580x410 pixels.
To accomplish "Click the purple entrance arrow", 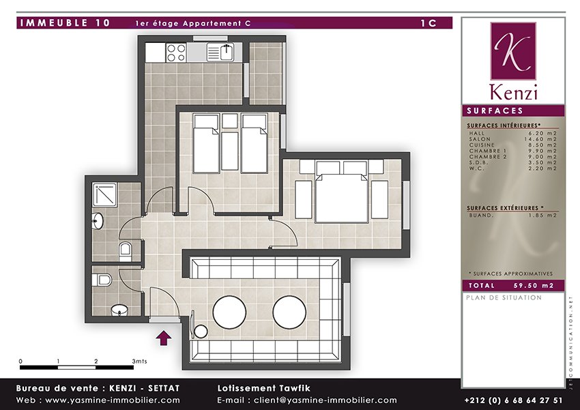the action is (x=164, y=338).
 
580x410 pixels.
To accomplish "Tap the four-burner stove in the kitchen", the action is (x=176, y=53).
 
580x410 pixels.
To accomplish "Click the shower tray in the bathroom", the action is (x=104, y=194).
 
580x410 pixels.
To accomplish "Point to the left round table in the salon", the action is (x=229, y=312).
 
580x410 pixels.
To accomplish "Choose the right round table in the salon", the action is (x=289, y=312).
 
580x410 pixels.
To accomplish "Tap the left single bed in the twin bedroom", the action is (x=206, y=143).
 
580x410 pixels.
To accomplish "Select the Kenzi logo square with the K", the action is (x=513, y=51).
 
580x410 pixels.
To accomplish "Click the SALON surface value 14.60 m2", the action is (x=540, y=139).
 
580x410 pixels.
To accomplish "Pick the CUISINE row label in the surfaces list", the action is (x=482, y=145).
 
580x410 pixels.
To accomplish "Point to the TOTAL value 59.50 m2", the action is (x=534, y=285).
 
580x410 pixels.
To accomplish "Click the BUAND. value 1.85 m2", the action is (x=542, y=215).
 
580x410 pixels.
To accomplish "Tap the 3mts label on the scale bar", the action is (x=139, y=361).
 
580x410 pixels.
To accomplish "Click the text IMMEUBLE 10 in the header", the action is (x=66, y=23).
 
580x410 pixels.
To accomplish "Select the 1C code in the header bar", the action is (x=429, y=23).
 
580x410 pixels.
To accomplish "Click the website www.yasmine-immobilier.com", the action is (x=113, y=400).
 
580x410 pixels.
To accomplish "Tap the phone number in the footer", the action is (x=513, y=400).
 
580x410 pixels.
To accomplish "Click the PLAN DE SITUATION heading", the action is (x=504, y=297).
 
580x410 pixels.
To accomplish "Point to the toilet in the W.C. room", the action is (x=102, y=280).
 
